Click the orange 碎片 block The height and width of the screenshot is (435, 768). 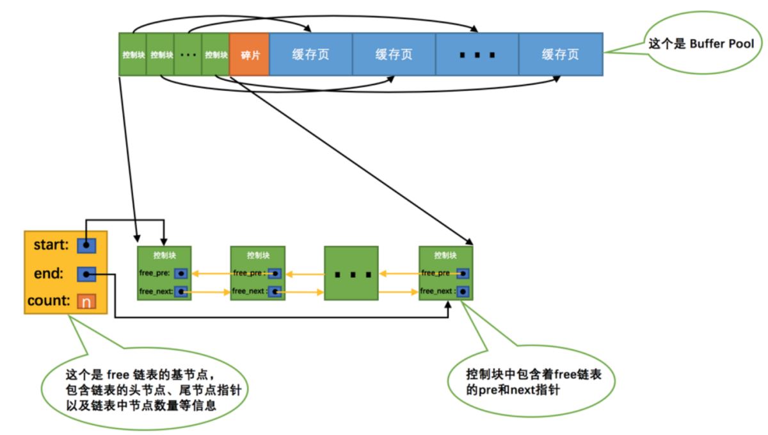[249, 54]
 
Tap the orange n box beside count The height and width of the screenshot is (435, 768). [86, 301]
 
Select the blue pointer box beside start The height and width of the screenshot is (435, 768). [86, 245]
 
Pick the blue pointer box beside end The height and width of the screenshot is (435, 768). [86, 274]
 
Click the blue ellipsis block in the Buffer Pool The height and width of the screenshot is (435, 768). [477, 54]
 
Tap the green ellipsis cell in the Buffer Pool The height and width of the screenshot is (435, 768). [188, 54]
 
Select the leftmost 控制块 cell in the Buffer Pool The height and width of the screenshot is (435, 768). [133, 54]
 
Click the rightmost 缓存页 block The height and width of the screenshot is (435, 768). [560, 54]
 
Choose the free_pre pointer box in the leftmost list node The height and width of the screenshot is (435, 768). [182, 273]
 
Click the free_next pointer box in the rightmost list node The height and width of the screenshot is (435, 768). [463, 291]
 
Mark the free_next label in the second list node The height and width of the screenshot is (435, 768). [248, 291]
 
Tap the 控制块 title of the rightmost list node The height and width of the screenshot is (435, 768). [446, 255]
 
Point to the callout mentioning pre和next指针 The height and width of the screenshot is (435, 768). [531, 381]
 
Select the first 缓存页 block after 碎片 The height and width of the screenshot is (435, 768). [310, 54]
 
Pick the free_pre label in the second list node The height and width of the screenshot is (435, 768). [248, 273]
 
